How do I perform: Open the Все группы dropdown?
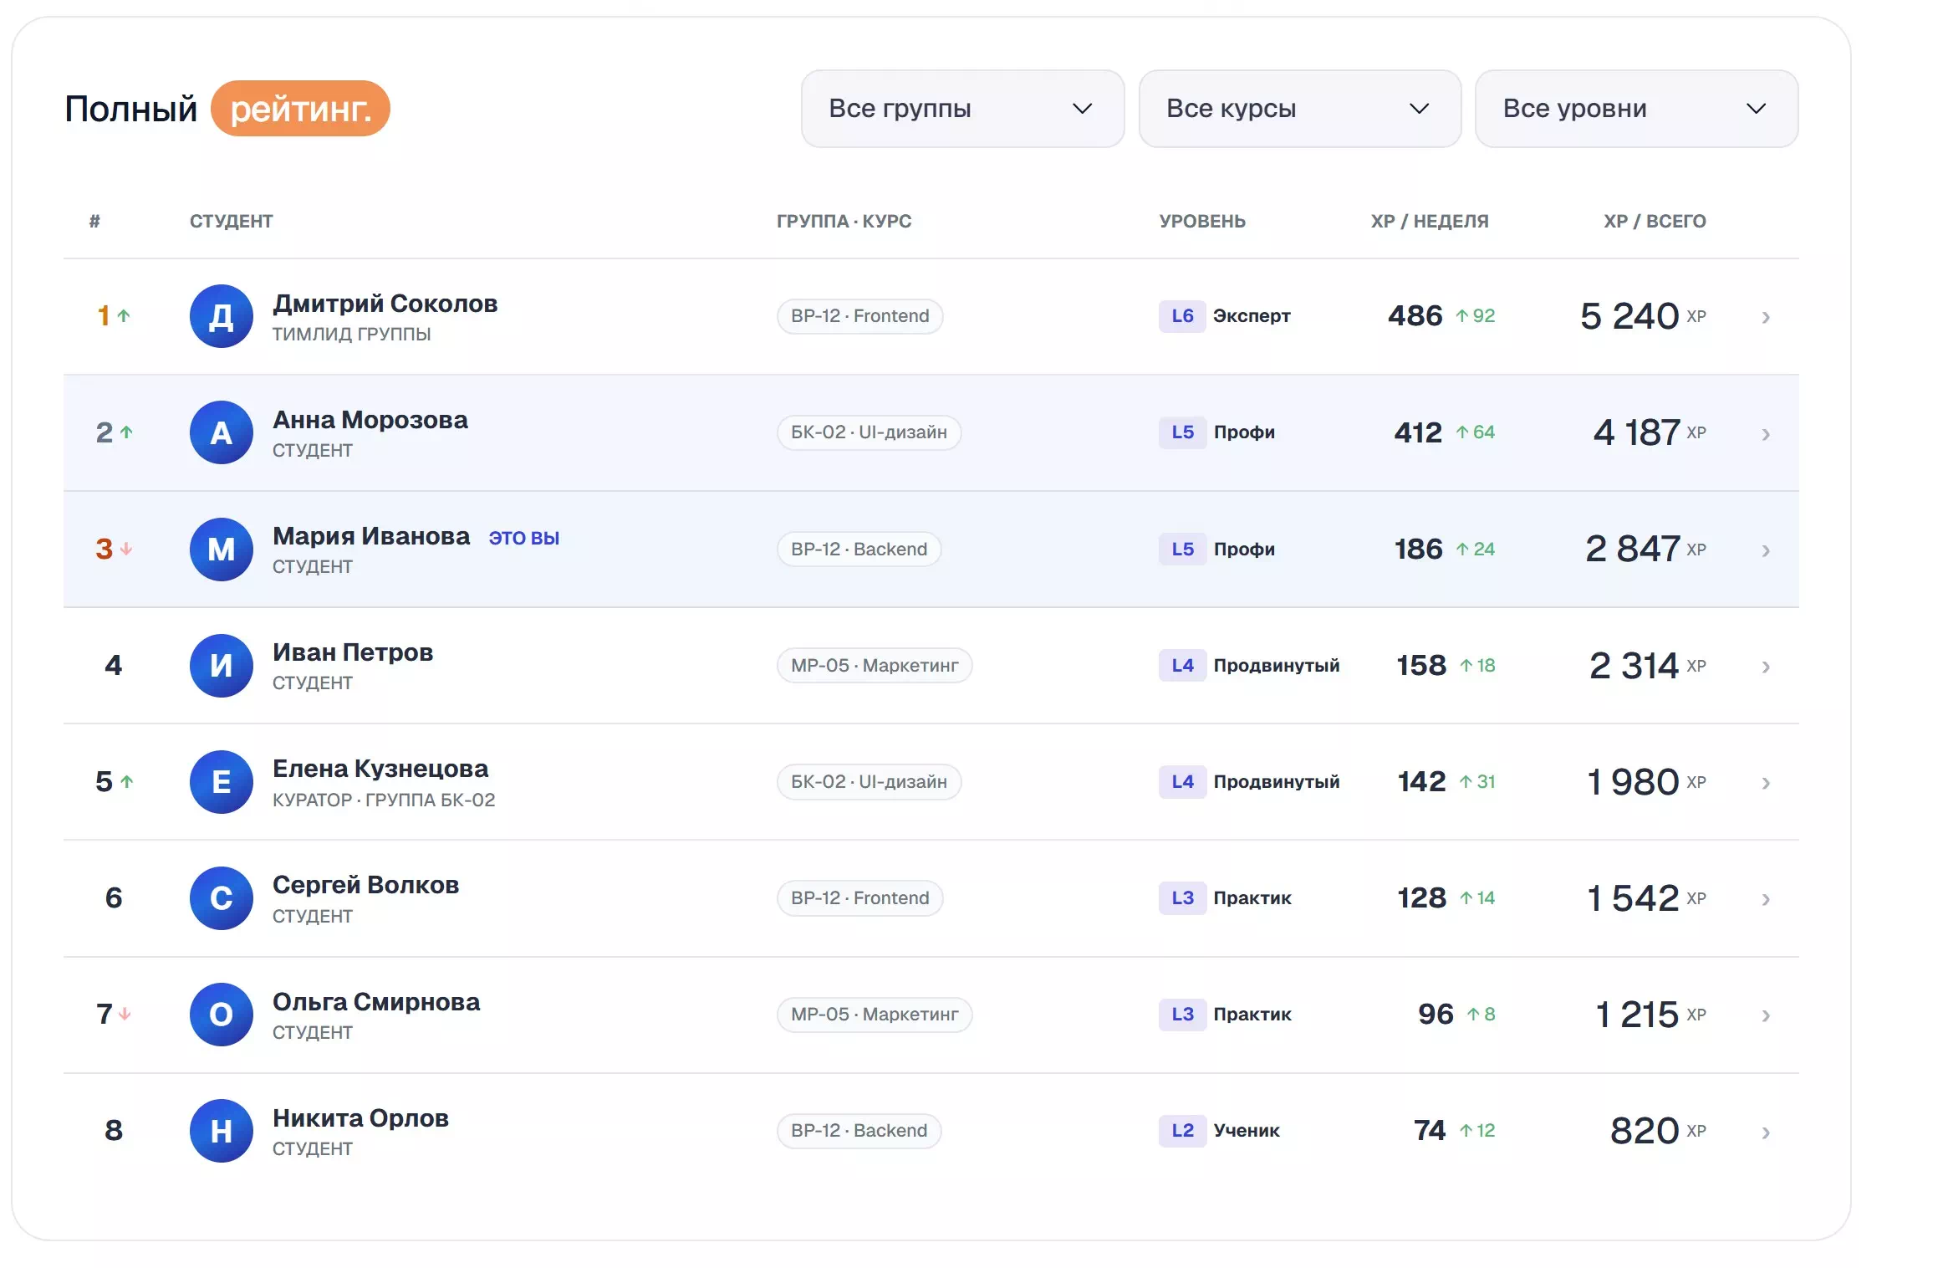pyautogui.click(x=962, y=109)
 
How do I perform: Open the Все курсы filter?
pyautogui.click(x=1299, y=109)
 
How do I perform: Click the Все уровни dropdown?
pyautogui.click(x=1636, y=109)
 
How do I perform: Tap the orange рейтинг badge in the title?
pyautogui.click(x=300, y=109)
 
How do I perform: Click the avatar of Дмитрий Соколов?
pyautogui.click(x=221, y=316)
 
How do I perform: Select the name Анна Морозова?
pyautogui.click(x=370, y=419)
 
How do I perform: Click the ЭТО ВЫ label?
pyautogui.click(x=524, y=538)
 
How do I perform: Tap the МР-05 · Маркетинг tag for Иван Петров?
pyautogui.click(x=875, y=665)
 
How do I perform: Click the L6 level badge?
pyautogui.click(x=1182, y=316)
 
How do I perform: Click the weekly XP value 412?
pyautogui.click(x=1418, y=432)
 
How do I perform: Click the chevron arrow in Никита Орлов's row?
pyautogui.click(x=1766, y=1133)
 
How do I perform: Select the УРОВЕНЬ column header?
pyautogui.click(x=1202, y=222)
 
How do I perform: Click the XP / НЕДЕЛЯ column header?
pyautogui.click(x=1430, y=222)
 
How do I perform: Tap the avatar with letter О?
pyautogui.click(x=221, y=1015)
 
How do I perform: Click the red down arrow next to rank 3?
pyautogui.click(x=126, y=549)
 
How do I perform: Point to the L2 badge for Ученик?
pyautogui.click(x=1182, y=1131)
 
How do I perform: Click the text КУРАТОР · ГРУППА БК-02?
pyautogui.click(x=384, y=800)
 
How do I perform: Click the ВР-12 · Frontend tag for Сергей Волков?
pyautogui.click(x=859, y=898)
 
